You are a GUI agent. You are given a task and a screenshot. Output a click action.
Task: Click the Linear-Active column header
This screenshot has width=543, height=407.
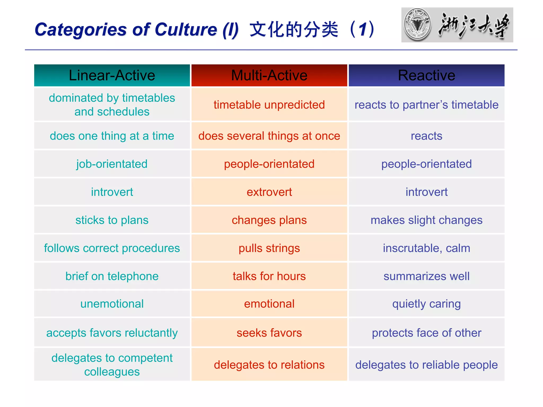[112, 75]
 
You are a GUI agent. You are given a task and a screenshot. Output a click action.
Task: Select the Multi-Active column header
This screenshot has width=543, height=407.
[269, 75]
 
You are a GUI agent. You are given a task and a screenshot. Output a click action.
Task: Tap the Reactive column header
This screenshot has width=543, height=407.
[426, 75]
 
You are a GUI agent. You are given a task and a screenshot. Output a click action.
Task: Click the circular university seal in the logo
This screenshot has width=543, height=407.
[417, 25]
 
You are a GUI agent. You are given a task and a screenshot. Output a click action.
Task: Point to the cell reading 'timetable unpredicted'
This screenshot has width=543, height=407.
[269, 105]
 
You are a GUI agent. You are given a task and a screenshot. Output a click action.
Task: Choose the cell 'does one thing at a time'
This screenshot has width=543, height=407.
[112, 136]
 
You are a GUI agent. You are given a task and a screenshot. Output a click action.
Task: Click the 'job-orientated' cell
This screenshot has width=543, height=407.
[112, 164]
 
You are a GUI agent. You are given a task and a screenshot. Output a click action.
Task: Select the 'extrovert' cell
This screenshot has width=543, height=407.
[269, 192]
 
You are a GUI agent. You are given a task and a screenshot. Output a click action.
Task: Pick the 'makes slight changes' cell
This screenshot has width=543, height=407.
[426, 220]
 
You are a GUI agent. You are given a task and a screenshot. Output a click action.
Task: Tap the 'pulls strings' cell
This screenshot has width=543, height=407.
[269, 248]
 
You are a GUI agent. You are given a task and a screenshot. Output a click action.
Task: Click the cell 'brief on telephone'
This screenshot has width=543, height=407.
[112, 276]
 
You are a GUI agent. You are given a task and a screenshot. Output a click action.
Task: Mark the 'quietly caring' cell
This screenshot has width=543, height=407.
[426, 304]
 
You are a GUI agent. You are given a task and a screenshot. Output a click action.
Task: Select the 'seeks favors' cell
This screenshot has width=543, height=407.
[269, 333]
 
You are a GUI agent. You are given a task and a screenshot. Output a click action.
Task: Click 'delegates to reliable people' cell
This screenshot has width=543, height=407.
[426, 365]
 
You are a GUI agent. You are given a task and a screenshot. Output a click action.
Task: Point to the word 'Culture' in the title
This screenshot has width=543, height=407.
[186, 29]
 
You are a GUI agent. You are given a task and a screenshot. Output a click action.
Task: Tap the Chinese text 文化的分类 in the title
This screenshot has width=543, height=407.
[294, 29]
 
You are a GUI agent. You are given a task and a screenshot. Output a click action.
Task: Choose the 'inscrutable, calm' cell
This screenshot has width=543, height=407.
[426, 248]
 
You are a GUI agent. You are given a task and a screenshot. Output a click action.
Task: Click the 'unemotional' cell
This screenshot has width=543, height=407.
[112, 304]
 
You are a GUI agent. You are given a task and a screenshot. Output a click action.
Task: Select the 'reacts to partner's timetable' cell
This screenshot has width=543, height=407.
[426, 105]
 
